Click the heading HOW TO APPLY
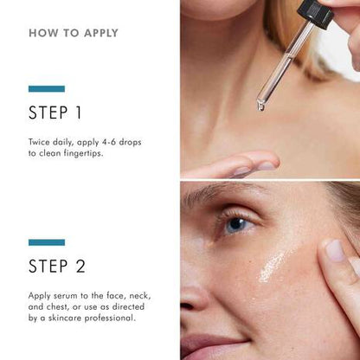[x=74, y=34]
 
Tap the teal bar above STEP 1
[x=46, y=88]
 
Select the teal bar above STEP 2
[x=46, y=242]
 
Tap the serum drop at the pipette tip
[x=260, y=106]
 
